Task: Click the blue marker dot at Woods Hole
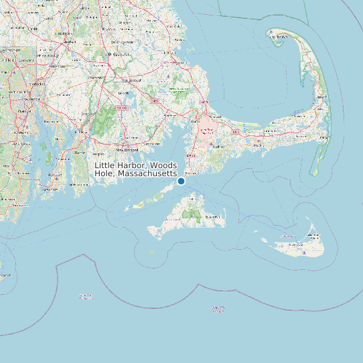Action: click(181, 181)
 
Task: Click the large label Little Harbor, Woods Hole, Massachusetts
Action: click(136, 169)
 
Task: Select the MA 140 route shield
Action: click(121, 107)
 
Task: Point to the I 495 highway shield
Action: click(155, 101)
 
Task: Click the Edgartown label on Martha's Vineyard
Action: click(214, 217)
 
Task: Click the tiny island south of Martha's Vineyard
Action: click(151, 252)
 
